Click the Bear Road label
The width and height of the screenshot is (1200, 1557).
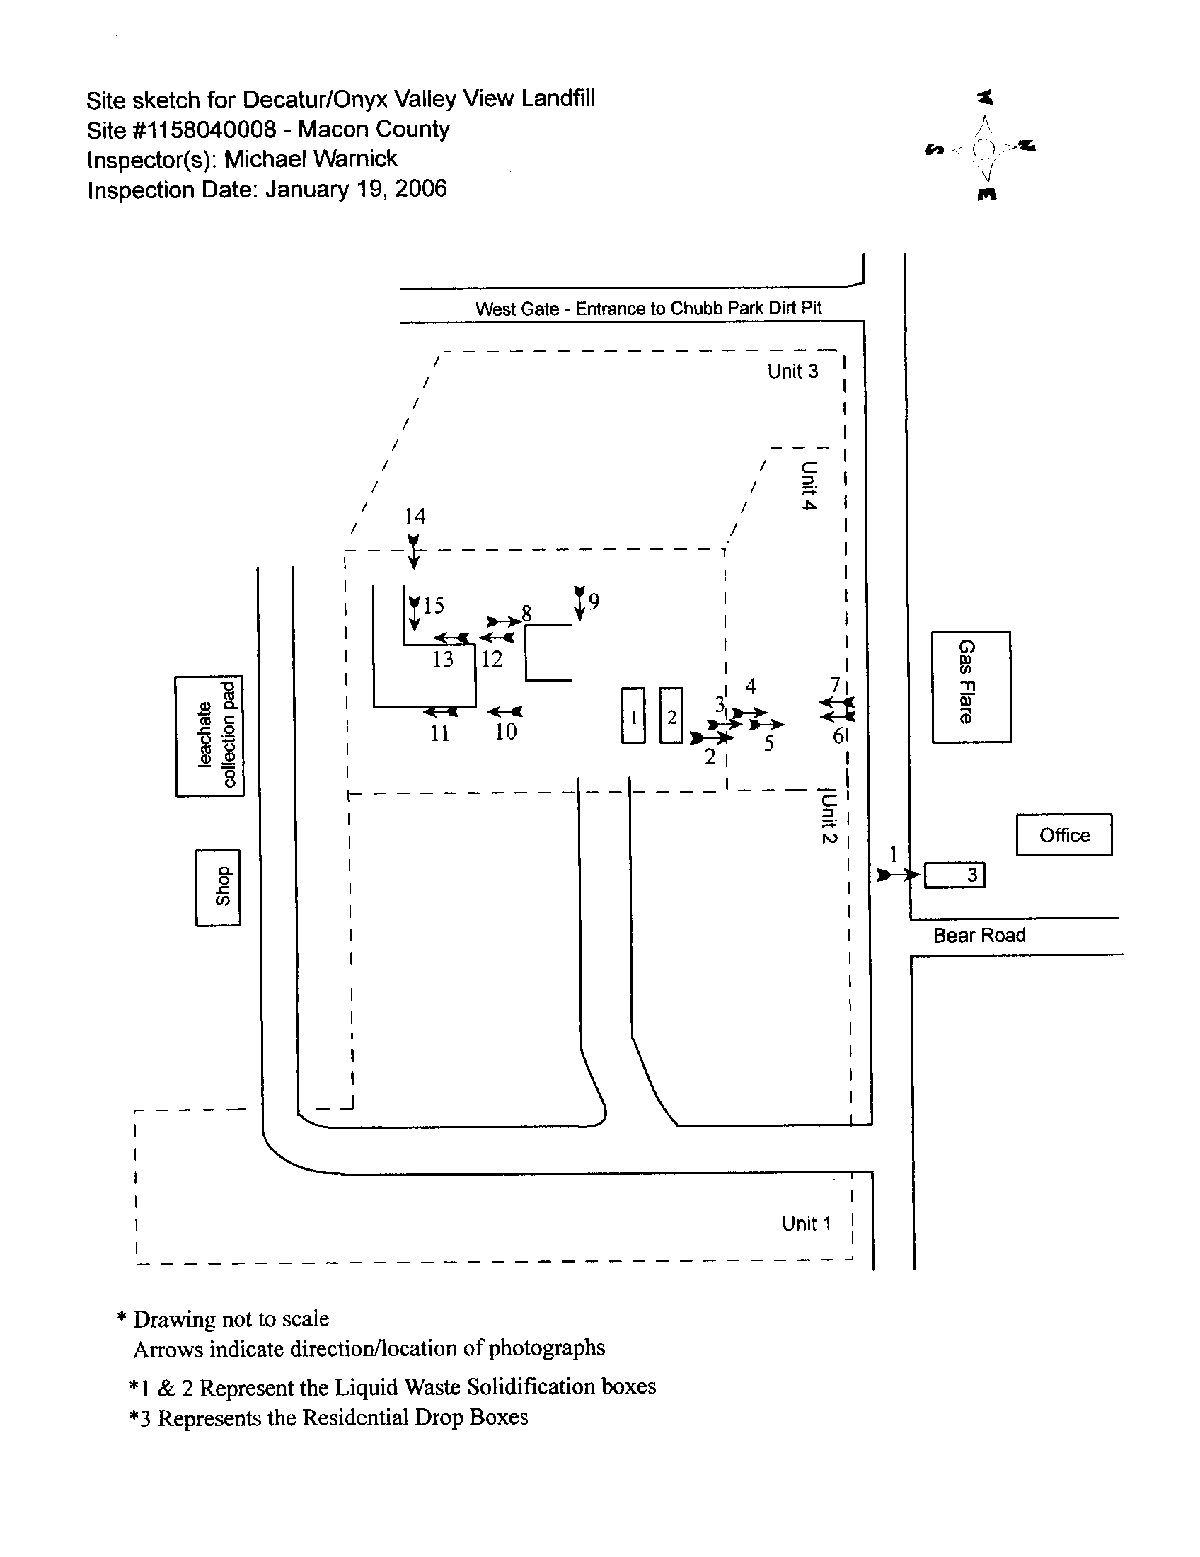(x=979, y=936)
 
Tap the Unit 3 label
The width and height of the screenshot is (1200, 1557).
(x=792, y=372)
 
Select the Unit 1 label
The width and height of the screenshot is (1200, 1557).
(x=806, y=1224)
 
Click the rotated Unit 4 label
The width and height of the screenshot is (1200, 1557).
(x=808, y=486)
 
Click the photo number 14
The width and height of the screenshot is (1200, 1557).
(x=415, y=516)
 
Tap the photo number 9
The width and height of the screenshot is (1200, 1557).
(x=594, y=602)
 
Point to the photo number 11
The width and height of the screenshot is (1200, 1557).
(x=439, y=732)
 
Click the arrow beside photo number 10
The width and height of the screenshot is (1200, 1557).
(x=505, y=711)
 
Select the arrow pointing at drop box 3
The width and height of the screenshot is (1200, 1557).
(x=898, y=875)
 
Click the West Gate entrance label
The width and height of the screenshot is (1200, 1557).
(x=648, y=309)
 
